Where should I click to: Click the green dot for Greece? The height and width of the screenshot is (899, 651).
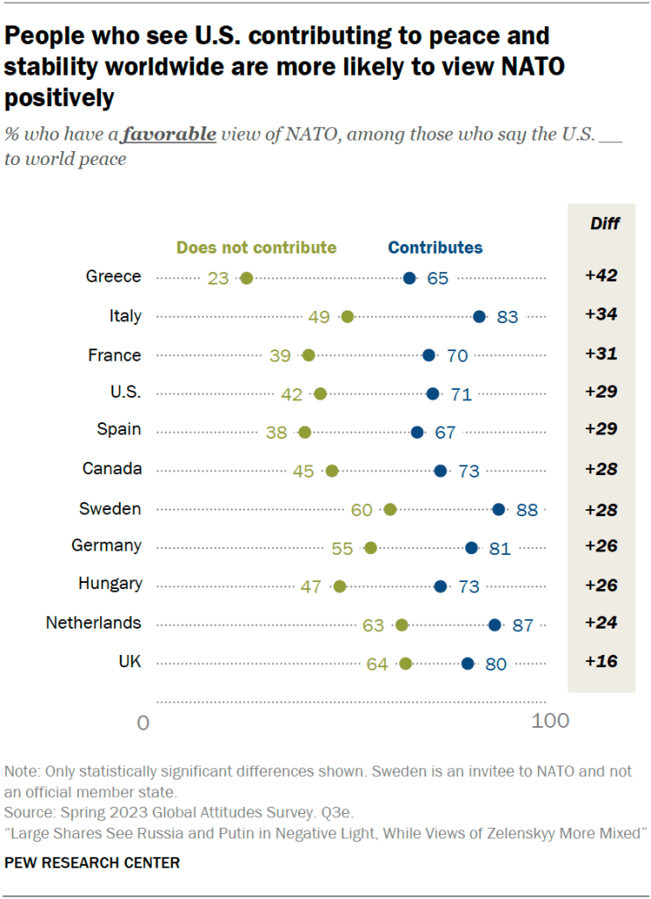click(x=246, y=278)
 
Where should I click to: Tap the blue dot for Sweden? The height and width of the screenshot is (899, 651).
click(x=498, y=509)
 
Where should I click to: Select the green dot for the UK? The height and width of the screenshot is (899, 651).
click(x=405, y=664)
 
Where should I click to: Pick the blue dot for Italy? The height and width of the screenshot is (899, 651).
click(x=479, y=317)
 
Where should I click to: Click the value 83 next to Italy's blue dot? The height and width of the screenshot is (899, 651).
click(x=508, y=317)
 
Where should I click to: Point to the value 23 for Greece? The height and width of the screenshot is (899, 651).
click(x=218, y=278)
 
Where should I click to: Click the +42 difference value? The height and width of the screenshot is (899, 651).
click(x=601, y=276)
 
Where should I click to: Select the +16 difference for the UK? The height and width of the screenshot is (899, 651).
click(x=601, y=661)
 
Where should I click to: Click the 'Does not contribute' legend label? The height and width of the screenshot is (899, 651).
click(x=256, y=248)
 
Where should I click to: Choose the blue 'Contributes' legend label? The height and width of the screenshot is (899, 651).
click(x=435, y=248)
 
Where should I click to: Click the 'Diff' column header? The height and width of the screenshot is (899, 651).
click(x=604, y=223)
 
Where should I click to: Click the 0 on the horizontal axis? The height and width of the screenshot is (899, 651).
click(x=143, y=722)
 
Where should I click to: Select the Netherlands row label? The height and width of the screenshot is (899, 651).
click(x=93, y=622)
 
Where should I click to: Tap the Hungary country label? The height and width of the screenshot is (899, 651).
click(x=110, y=584)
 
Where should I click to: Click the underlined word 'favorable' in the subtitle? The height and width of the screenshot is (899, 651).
click(x=168, y=134)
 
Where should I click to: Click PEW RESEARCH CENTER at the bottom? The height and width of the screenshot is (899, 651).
click(x=92, y=863)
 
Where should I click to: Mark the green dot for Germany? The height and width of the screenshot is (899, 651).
click(x=370, y=548)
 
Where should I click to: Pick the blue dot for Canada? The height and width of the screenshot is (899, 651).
click(x=440, y=471)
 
